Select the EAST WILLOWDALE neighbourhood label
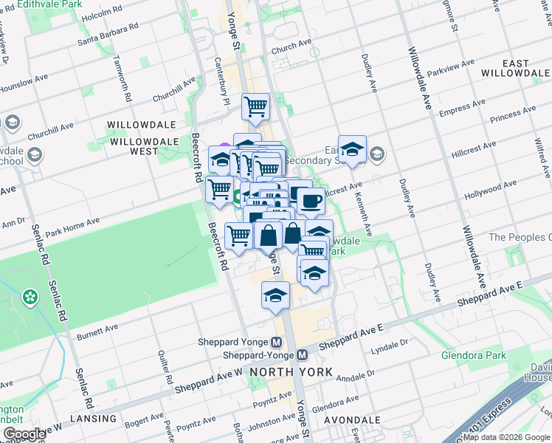tap(515, 68)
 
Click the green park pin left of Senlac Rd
tap(30, 297)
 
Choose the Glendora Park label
tap(474, 355)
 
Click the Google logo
tap(24, 434)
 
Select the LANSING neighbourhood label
tap(94, 419)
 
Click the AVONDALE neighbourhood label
tap(356, 419)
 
